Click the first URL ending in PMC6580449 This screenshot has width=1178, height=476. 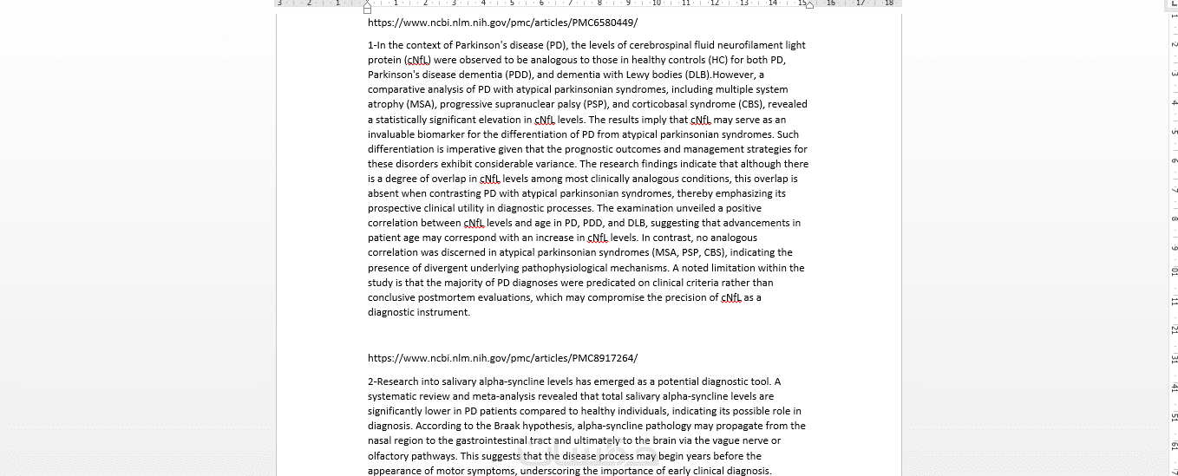(502, 23)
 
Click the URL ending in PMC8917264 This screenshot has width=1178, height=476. (502, 358)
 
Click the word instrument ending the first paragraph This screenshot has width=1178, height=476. (443, 312)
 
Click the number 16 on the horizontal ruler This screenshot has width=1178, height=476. (831, 3)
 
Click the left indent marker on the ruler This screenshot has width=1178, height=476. (368, 9)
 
